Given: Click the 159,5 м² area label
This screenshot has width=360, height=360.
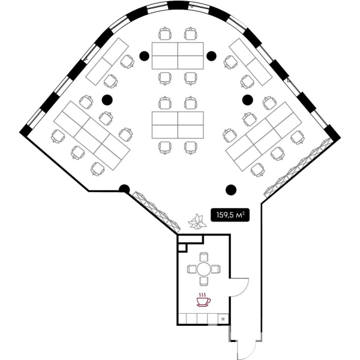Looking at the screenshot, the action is (230, 215).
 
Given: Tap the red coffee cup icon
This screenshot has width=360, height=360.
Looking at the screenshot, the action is (203, 299).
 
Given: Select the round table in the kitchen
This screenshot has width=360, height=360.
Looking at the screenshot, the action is (203, 269).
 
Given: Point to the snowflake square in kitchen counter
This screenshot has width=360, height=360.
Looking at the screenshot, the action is (223, 319).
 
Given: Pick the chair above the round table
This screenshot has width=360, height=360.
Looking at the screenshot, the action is (203, 257).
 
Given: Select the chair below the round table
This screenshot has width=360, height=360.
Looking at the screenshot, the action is (203, 281).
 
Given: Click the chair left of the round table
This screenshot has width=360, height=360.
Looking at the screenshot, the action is (192, 269).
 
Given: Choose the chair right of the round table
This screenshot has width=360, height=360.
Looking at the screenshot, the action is (216, 269).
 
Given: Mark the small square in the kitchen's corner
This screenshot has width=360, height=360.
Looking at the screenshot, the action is (182, 248).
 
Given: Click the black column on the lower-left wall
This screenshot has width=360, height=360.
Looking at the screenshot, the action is (124, 190).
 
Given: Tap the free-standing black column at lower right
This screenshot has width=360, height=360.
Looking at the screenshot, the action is (231, 190).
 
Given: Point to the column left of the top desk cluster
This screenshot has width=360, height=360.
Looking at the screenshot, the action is (144, 56).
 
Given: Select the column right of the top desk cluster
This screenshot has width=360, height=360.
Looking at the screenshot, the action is (211, 56).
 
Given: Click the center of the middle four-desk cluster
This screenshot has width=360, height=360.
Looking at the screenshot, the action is (178, 125).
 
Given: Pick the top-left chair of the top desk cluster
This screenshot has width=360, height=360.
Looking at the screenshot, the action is (165, 34).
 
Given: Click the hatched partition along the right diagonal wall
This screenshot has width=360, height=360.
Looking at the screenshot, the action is (298, 168).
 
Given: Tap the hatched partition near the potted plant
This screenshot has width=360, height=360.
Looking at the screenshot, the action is (157, 211).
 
